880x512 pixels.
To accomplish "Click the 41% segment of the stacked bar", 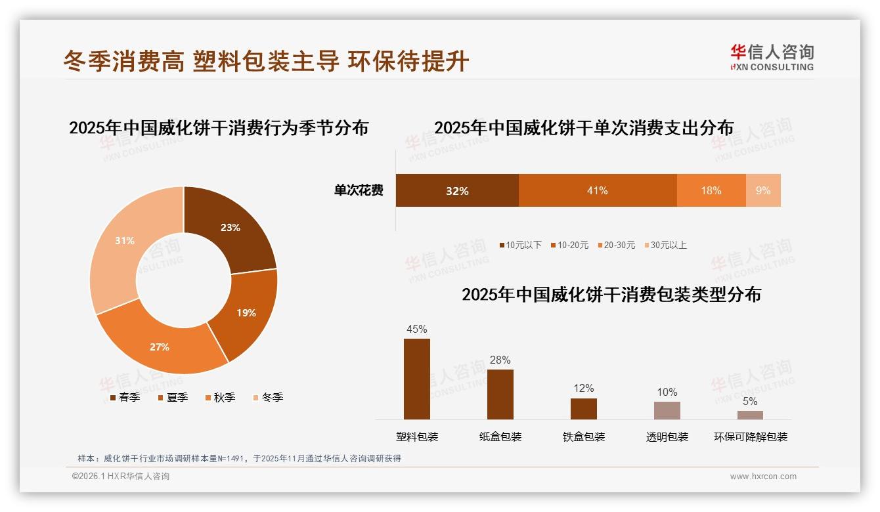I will [598, 190].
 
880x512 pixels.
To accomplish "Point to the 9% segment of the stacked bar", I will [763, 190].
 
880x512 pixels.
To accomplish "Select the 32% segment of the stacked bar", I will [457, 190].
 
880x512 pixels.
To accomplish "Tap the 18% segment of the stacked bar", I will [711, 190].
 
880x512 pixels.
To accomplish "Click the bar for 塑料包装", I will [417, 379].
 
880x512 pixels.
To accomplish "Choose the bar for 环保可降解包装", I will [750, 415].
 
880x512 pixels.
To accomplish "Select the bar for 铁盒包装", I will [584, 408].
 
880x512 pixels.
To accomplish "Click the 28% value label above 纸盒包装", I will [500, 360].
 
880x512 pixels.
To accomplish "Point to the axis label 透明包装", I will [667, 437].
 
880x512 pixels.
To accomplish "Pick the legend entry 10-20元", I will [569, 245].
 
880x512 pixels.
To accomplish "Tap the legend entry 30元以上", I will [665, 245].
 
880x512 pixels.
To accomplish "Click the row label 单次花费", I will [359, 190].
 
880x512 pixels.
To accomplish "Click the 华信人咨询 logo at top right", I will [772, 57].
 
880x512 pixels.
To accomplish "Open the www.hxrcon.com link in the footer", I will [763, 477].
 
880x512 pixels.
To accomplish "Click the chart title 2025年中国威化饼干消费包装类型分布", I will [611, 295].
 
